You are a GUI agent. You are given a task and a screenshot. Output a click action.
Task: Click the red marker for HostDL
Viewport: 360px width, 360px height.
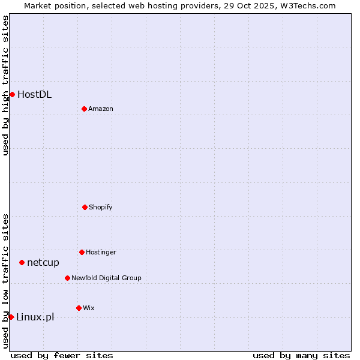[12, 94]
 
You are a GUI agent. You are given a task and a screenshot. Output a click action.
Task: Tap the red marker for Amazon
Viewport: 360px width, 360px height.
[84, 109]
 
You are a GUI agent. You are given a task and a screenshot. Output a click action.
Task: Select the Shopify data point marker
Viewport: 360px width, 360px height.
[85, 207]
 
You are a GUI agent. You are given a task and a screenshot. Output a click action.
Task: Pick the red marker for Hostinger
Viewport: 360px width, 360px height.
[82, 252]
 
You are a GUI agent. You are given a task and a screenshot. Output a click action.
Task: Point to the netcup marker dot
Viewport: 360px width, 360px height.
[22, 262]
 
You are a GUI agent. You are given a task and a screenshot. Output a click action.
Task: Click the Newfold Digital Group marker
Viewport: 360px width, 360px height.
[67, 278]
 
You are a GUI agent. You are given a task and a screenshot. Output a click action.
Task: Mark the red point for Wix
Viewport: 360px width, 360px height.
[79, 308]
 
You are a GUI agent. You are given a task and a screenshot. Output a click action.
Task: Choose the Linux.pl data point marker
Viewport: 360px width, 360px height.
[11, 317]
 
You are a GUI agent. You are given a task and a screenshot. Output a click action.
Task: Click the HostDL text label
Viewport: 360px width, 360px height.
[34, 94]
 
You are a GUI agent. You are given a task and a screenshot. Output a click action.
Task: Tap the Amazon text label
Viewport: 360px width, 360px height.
[101, 109]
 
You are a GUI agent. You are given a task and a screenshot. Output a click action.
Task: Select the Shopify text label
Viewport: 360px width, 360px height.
[101, 207]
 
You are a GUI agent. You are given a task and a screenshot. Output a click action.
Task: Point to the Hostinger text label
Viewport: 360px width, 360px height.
[101, 252]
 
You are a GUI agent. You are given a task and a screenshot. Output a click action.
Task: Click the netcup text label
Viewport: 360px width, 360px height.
[43, 262]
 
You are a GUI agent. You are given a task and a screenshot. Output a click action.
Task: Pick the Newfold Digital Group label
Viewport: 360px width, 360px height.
[106, 278]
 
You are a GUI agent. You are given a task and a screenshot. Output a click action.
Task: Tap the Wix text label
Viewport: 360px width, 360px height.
[89, 308]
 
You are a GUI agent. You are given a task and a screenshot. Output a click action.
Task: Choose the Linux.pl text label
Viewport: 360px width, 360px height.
[35, 317]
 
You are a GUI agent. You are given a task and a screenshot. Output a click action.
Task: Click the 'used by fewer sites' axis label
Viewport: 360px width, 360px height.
[62, 355]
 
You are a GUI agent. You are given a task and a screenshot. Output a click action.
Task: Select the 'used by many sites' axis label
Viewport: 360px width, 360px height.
[301, 355]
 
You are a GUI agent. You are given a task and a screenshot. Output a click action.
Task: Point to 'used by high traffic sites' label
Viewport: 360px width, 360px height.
[5, 85]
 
